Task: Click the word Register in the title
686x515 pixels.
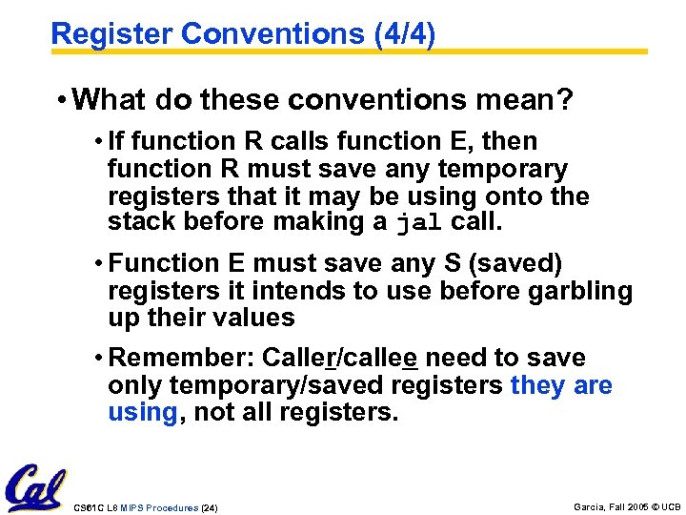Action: (111, 34)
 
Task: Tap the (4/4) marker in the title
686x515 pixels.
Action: (398, 34)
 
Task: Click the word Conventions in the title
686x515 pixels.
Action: (271, 34)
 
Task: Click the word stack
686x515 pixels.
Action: (138, 223)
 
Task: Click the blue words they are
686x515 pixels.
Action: (561, 385)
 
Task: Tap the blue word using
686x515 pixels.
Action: (142, 412)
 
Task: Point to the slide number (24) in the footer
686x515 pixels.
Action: (209, 508)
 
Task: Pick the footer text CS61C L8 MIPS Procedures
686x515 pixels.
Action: (134, 508)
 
